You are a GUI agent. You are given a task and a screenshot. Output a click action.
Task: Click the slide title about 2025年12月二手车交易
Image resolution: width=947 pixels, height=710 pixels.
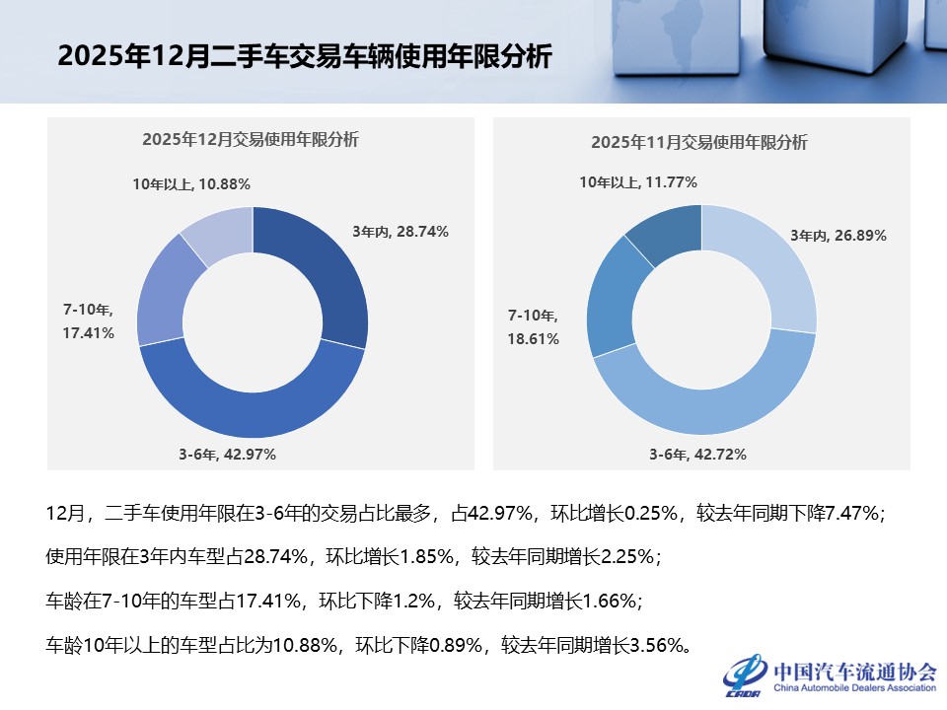(305, 56)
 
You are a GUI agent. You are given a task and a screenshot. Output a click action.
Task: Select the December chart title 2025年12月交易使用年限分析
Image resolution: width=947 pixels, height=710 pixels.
(251, 140)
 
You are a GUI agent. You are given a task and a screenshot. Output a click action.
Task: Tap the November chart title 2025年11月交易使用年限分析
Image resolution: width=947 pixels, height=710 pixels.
(699, 142)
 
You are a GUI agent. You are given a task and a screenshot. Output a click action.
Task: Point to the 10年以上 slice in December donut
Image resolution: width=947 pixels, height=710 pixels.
(220, 233)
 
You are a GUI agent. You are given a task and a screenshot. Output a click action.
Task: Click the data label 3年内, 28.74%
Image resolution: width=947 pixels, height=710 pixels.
(401, 232)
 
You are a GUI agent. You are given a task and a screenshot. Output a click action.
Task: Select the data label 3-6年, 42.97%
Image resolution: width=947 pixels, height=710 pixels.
(227, 455)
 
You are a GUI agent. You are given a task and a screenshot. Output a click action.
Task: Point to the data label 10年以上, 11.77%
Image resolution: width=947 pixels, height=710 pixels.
(638, 182)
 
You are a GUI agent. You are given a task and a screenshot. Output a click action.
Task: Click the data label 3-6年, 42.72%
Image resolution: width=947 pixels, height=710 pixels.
(697, 455)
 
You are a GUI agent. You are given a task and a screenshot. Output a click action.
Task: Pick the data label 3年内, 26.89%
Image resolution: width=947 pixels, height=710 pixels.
(838, 236)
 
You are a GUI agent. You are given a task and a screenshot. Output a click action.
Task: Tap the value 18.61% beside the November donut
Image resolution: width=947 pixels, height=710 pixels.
(534, 338)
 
